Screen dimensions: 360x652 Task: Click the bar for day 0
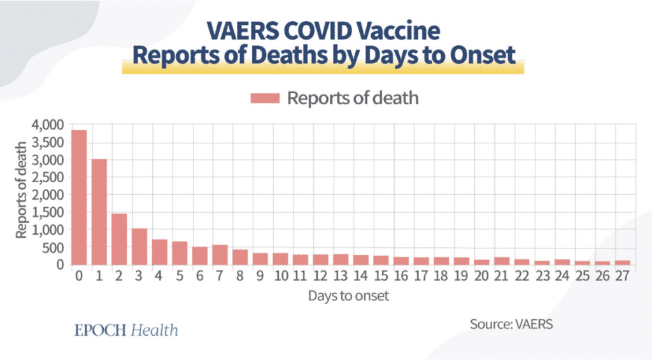point(79,197)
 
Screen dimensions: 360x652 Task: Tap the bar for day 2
point(119,238)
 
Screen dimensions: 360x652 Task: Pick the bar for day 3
point(139,246)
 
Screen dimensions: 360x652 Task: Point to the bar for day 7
point(220,254)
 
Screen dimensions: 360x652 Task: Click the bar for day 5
point(180,252)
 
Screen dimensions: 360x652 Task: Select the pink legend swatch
point(266,98)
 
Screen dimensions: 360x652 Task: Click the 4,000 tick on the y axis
point(48,124)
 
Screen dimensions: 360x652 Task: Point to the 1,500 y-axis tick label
point(48,212)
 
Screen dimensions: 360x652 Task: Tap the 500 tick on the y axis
point(54,247)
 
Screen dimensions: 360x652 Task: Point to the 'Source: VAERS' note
point(512,324)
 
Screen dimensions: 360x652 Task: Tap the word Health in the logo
point(155,330)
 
